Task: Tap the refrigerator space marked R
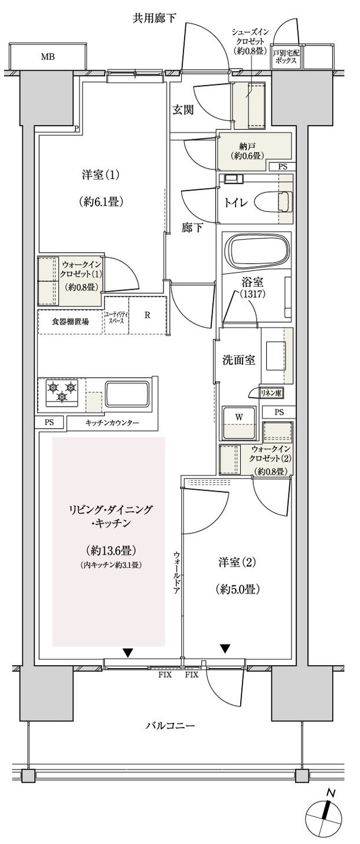pos(148,314)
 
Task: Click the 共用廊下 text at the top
pos(155,19)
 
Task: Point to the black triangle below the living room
pos(127,652)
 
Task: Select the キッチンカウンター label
pos(112,423)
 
